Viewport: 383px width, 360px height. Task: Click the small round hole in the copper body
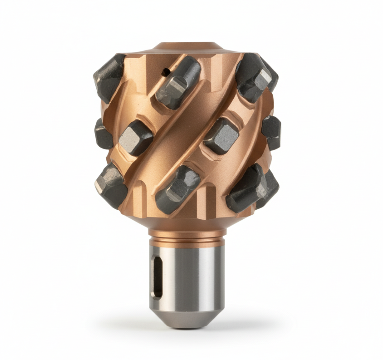click(x=166, y=72)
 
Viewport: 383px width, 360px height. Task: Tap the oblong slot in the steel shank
click(x=156, y=277)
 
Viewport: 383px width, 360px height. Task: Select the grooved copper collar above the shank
click(x=187, y=237)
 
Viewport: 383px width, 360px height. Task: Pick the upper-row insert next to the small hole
click(x=178, y=82)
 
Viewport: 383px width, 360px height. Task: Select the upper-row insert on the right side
click(x=254, y=76)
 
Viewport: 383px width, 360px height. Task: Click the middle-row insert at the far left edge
click(x=103, y=134)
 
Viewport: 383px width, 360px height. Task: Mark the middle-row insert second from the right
click(x=221, y=135)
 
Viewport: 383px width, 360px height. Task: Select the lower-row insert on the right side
click(x=250, y=188)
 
